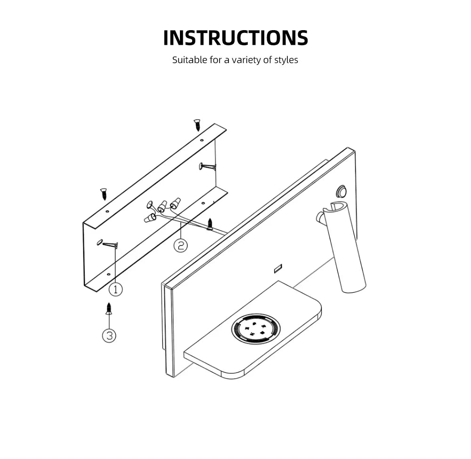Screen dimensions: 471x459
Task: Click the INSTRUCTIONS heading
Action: tap(235, 38)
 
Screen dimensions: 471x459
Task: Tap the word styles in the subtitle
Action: tap(286, 60)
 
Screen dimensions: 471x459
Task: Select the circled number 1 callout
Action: tap(116, 289)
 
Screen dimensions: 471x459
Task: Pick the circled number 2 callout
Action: tap(180, 246)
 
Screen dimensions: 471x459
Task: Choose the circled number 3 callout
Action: tap(109, 335)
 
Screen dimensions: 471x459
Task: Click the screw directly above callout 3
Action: tap(109, 309)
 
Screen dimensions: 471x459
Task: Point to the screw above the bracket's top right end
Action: tap(197, 125)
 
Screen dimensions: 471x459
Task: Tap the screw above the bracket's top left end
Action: tap(104, 194)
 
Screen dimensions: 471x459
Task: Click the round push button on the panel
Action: tap(341, 191)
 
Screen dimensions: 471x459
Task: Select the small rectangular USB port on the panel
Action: tap(278, 269)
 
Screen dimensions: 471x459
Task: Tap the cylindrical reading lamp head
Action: tap(345, 247)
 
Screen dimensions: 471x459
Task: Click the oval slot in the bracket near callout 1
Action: tap(99, 242)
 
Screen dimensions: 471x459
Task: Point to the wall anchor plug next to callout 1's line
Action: tap(110, 245)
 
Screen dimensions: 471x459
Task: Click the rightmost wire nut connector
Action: tap(176, 202)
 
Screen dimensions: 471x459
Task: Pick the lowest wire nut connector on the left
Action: tap(150, 218)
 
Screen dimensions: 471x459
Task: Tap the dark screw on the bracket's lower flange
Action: tap(210, 224)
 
